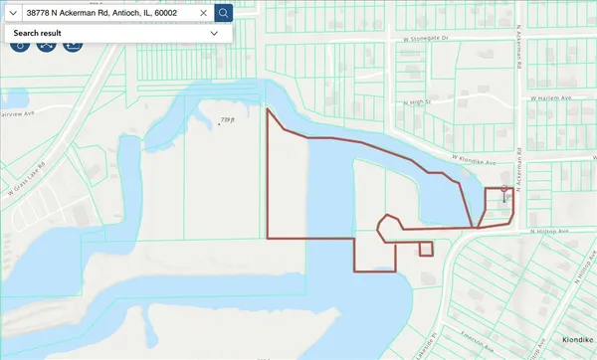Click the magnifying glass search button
224,13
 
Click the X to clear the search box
203,13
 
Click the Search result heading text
36,33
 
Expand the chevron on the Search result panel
214,33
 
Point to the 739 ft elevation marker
226,121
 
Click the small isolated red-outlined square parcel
426,249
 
